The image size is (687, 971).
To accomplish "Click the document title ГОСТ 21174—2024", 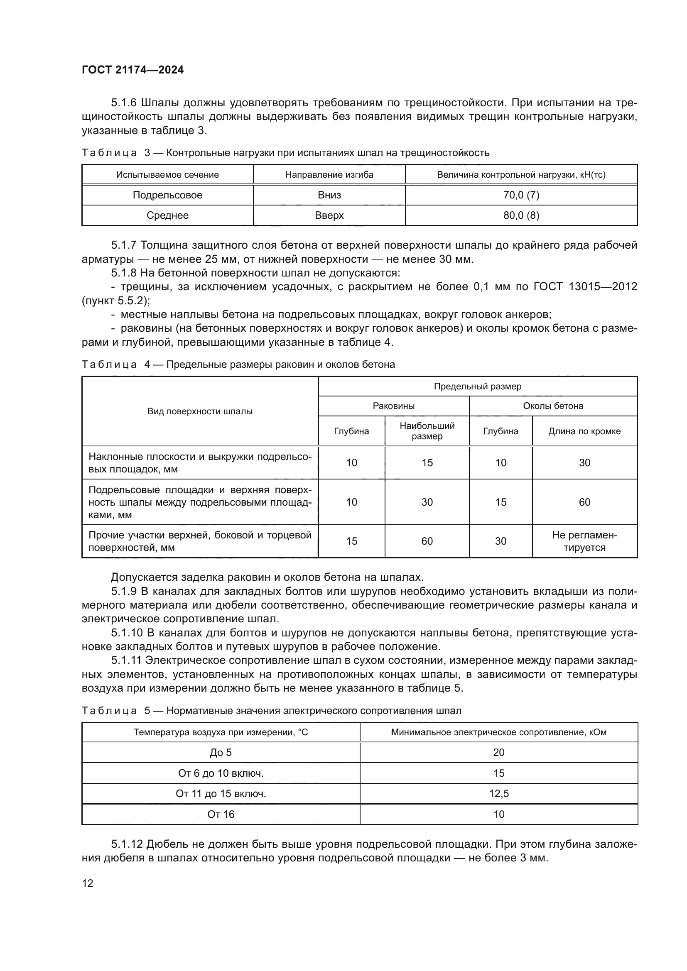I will [133, 70].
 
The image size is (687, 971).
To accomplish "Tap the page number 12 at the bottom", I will [88, 883].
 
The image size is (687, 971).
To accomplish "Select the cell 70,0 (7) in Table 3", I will [521, 195].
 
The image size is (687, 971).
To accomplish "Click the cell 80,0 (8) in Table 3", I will [521, 215].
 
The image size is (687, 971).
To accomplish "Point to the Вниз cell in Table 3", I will [329, 195].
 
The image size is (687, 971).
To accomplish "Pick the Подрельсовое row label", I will [167, 195].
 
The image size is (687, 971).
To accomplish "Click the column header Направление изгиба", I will [329, 175].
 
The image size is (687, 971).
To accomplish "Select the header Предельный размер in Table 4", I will [477, 386].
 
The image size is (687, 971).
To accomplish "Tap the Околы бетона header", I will [553, 406].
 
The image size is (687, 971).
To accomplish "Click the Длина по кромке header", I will [584, 431].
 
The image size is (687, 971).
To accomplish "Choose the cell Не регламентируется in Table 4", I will [584, 541].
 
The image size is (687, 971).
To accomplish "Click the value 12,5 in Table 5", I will [499, 794].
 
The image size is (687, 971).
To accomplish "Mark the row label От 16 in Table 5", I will [221, 814].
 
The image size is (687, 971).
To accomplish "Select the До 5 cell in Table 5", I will [221, 753].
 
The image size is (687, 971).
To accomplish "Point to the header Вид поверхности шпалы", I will [200, 411].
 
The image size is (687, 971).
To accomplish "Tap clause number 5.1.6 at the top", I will [124, 103].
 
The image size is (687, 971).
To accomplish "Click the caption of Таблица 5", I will [271, 710].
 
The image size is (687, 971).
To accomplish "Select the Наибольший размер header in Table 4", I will [427, 431].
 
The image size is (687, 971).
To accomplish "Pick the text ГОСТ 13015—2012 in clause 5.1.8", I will [585, 287].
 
